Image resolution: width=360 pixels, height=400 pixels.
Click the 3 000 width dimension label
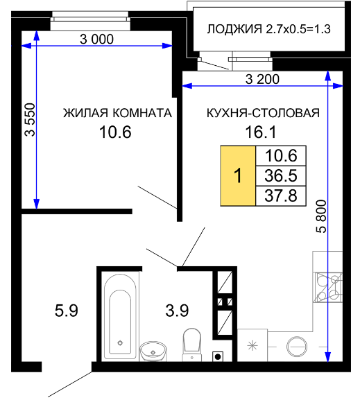click(96, 40)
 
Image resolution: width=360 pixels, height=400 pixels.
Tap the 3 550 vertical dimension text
click(30, 120)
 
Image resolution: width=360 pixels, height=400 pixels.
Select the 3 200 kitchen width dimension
click(262, 79)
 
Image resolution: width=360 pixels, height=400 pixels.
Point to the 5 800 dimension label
click(321, 216)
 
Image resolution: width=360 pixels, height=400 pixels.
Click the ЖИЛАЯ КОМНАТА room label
click(117, 113)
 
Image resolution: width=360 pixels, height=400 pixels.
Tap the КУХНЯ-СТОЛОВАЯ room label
click(263, 113)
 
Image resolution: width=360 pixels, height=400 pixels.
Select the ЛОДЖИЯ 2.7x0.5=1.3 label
click(268, 29)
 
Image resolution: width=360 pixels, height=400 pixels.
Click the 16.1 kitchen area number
click(261, 132)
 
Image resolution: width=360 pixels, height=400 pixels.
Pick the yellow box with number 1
click(238, 176)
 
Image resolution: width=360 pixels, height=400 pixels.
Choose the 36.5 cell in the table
click(281, 176)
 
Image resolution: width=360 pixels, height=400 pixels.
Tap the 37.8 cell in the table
click(281, 195)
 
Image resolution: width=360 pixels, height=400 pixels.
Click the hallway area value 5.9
click(67, 311)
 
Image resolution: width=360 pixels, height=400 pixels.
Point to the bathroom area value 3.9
click(177, 311)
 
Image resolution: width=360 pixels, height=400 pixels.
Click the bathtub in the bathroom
click(120, 317)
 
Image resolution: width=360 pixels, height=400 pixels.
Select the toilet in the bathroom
click(192, 345)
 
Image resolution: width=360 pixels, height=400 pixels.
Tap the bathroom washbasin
click(153, 351)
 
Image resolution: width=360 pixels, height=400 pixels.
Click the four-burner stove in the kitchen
click(329, 288)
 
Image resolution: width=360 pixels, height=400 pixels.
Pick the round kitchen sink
click(297, 347)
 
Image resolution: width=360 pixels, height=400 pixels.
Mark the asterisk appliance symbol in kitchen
click(252, 346)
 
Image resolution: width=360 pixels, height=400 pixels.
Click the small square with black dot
click(218, 356)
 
